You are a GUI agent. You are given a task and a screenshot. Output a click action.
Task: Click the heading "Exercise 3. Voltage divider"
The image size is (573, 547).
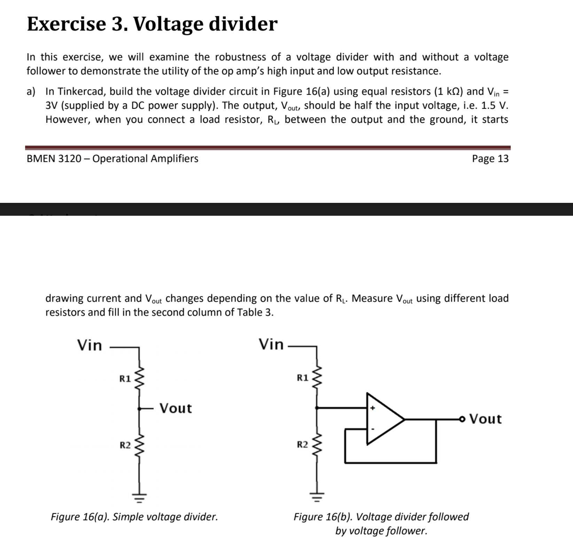152,24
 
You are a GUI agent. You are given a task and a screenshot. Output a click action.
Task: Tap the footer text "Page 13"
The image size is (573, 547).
490,159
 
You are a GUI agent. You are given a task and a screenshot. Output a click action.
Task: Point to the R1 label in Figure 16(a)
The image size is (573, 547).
125,379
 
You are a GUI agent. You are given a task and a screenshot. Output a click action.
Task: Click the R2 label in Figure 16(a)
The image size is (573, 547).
125,445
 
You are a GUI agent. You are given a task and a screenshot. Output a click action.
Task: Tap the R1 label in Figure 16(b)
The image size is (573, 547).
302,378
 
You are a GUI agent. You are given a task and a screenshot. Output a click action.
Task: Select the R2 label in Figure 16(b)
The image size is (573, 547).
302,444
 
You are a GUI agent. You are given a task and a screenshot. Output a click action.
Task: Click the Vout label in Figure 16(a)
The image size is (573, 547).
175,408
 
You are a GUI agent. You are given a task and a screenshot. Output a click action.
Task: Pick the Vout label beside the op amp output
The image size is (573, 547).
486,419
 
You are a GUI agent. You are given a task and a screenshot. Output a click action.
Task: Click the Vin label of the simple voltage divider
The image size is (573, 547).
89,346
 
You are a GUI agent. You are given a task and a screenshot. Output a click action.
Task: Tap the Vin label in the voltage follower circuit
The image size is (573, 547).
271,344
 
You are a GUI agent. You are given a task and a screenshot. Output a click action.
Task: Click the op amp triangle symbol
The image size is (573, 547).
383,419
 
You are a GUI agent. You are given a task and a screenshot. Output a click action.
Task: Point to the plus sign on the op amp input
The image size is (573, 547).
372,408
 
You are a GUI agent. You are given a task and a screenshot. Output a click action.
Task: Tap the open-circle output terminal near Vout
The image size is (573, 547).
462,419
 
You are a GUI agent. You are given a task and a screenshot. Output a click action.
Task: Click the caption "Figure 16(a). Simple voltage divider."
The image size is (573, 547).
134,517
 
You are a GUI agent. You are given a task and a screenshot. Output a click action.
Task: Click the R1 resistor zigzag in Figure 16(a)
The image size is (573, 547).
140,378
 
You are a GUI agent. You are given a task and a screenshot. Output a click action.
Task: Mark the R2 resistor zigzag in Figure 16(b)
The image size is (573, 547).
317,444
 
